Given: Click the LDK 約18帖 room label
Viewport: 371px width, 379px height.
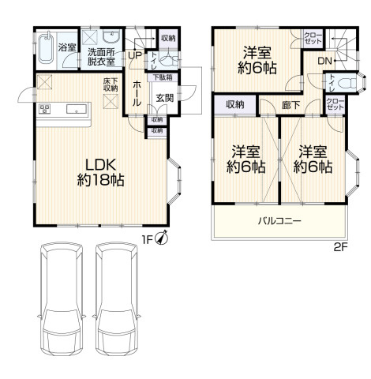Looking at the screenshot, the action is coord(100,173).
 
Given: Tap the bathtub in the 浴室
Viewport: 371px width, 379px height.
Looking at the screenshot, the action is coord(47,48).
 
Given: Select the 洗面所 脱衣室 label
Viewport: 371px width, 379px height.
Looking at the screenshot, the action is coord(101,57).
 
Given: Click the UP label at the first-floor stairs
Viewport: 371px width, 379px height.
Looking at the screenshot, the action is coord(135,55).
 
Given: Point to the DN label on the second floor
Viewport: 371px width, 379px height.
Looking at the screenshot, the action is coord(325,61).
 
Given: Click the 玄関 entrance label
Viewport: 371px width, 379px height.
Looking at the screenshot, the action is coord(165,98).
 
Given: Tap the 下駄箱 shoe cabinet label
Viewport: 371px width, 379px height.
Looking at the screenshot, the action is coord(163,77).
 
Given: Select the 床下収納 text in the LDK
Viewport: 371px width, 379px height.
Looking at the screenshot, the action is coord(111,84).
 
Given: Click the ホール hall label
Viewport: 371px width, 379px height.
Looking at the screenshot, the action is coord(137,93).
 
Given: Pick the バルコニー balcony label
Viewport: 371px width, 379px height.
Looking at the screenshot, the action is coord(279,220).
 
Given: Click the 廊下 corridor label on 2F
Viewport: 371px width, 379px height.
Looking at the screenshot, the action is coord(290,105).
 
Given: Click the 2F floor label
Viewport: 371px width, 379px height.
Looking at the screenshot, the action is coord(341,247).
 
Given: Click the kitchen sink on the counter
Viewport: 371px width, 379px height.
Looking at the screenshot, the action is coord(77,109).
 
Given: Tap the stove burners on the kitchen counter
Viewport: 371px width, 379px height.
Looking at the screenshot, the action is coord(45,109).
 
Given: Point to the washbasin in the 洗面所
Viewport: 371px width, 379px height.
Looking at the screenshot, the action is coord(111,36).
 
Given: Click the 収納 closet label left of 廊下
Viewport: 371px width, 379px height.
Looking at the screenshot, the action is coord(235,105).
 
